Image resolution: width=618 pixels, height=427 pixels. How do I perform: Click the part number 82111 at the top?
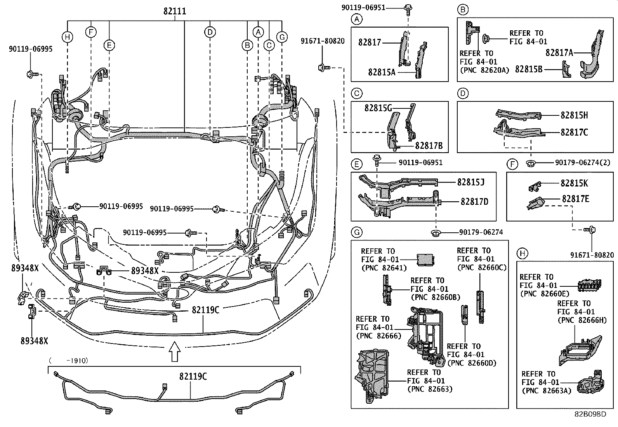tap(175, 12)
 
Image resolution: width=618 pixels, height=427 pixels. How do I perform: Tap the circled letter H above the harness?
tap(68, 37)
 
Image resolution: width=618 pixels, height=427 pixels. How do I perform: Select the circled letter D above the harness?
tap(210, 32)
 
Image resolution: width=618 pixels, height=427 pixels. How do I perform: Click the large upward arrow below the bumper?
tap(175, 351)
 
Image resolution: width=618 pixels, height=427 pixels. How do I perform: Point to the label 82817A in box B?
tap(559, 52)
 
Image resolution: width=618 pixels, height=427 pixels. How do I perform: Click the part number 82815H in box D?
tap(574, 115)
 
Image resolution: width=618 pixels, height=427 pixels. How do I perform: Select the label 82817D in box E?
tap(474, 201)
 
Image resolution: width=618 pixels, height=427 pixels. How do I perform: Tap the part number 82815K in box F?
tap(574, 183)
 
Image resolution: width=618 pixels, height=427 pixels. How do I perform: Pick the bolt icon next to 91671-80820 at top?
tap(323, 68)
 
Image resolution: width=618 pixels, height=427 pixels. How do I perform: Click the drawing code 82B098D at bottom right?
tap(590, 414)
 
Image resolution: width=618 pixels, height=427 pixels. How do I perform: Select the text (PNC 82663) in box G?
tap(430, 389)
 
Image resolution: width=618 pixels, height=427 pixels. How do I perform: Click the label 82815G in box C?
tap(378, 108)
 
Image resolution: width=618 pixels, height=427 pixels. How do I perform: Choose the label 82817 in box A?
tap(370, 42)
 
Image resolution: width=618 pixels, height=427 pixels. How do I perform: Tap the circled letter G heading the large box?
tap(356, 232)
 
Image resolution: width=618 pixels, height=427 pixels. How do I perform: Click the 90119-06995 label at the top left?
tap(31, 49)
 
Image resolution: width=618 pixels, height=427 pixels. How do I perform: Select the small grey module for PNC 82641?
tap(425, 259)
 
